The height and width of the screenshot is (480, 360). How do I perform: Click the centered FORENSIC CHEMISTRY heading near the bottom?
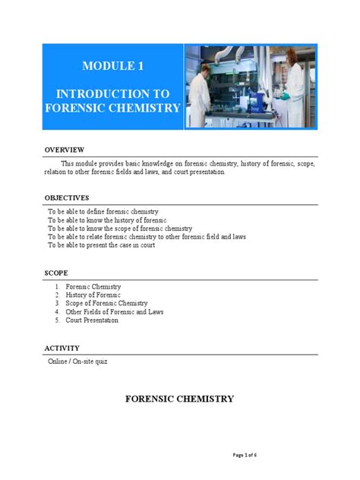pyautogui.click(x=179, y=399)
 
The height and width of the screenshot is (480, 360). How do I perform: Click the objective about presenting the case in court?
pyautogui.click(x=101, y=245)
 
